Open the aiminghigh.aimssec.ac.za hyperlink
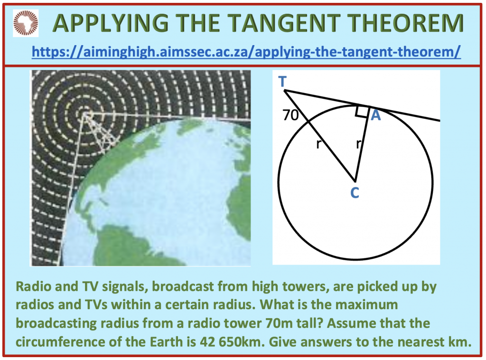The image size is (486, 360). coord(246,51)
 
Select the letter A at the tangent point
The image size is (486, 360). coord(375,115)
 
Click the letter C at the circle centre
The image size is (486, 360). coord(354,193)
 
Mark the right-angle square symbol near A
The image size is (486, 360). coord(362,112)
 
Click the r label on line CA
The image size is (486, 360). coord(358,144)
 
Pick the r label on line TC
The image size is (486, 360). coord(319,144)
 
